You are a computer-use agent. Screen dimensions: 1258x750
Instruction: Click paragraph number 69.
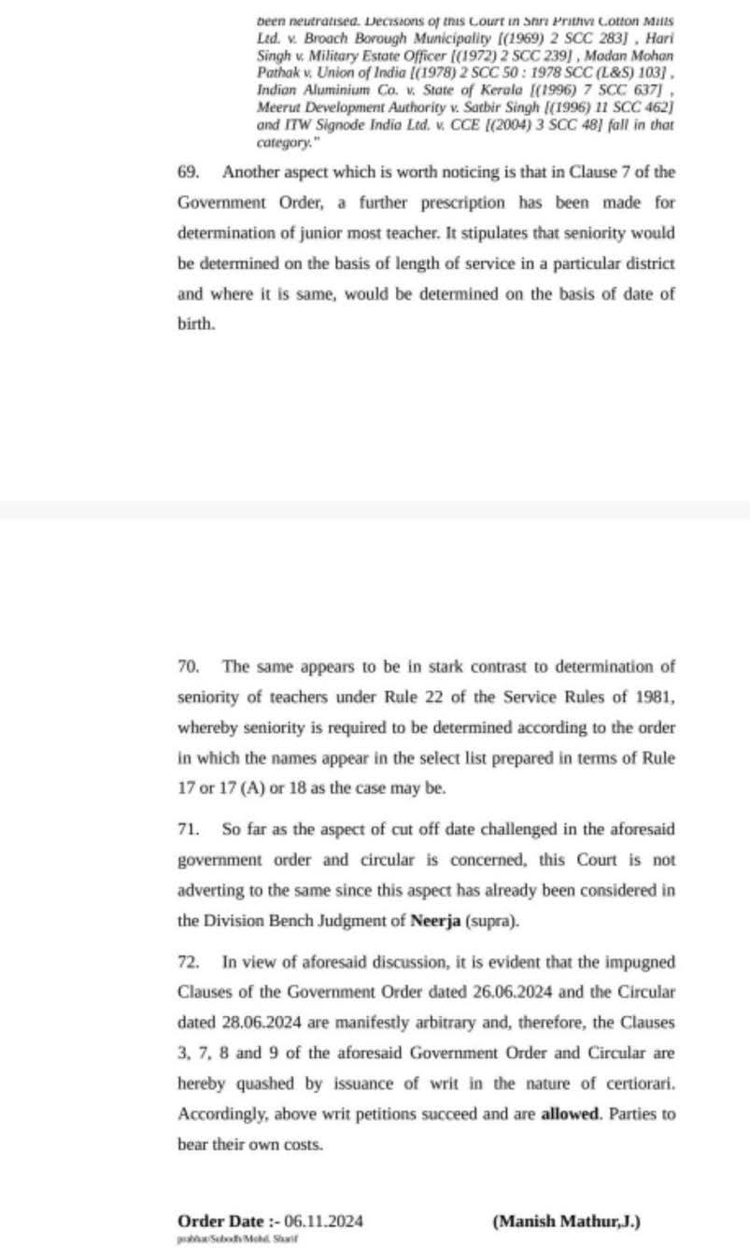(188, 173)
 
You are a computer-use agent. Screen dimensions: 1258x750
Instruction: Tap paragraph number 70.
(188, 667)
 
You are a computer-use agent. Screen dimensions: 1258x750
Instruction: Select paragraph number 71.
(188, 829)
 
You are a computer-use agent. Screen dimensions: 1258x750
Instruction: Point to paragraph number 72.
(188, 962)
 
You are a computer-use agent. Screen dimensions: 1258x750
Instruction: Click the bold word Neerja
(434, 920)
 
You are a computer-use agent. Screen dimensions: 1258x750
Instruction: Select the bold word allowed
(572, 1114)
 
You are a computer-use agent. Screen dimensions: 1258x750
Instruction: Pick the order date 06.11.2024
(324, 1222)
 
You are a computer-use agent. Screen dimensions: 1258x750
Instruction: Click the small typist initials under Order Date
(237, 1239)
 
